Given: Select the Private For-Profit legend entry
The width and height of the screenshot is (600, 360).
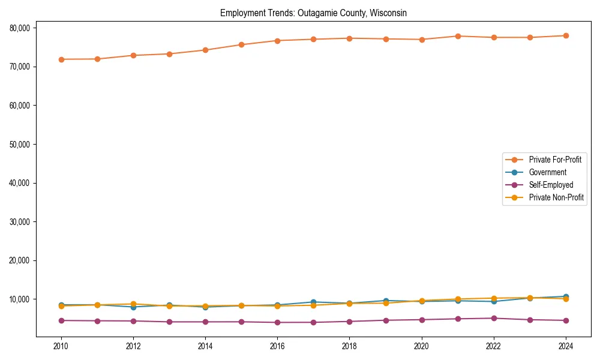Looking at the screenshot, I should (551, 160).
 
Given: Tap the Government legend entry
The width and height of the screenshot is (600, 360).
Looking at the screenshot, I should (547, 172).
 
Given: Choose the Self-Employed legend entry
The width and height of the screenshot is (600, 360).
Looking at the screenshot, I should (551, 185).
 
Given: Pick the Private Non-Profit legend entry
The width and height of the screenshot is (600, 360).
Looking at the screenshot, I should (556, 197).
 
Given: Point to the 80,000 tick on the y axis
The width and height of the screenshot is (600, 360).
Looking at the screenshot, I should (21, 28).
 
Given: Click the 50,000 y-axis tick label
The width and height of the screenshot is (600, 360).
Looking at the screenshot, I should (21, 144).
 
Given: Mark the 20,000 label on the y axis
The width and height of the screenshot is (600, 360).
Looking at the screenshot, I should (21, 260).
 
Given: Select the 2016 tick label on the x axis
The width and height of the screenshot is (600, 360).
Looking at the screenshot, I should (277, 346).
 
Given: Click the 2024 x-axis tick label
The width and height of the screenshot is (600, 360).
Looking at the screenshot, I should (566, 346).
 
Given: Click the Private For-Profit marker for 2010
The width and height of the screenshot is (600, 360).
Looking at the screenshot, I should (61, 59).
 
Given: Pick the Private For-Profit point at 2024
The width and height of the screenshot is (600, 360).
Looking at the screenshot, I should (566, 36).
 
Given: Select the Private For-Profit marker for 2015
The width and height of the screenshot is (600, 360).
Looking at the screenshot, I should (241, 44).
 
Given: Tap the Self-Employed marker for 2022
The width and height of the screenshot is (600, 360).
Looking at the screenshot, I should (494, 318).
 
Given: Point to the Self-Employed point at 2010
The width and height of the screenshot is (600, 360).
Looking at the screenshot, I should (61, 320).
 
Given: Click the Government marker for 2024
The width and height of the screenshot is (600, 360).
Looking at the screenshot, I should (566, 296).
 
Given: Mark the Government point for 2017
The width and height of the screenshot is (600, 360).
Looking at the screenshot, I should (313, 302).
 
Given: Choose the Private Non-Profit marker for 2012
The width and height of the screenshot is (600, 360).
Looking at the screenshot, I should (133, 304).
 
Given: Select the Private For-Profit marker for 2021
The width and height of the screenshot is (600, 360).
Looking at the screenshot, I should (458, 36).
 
